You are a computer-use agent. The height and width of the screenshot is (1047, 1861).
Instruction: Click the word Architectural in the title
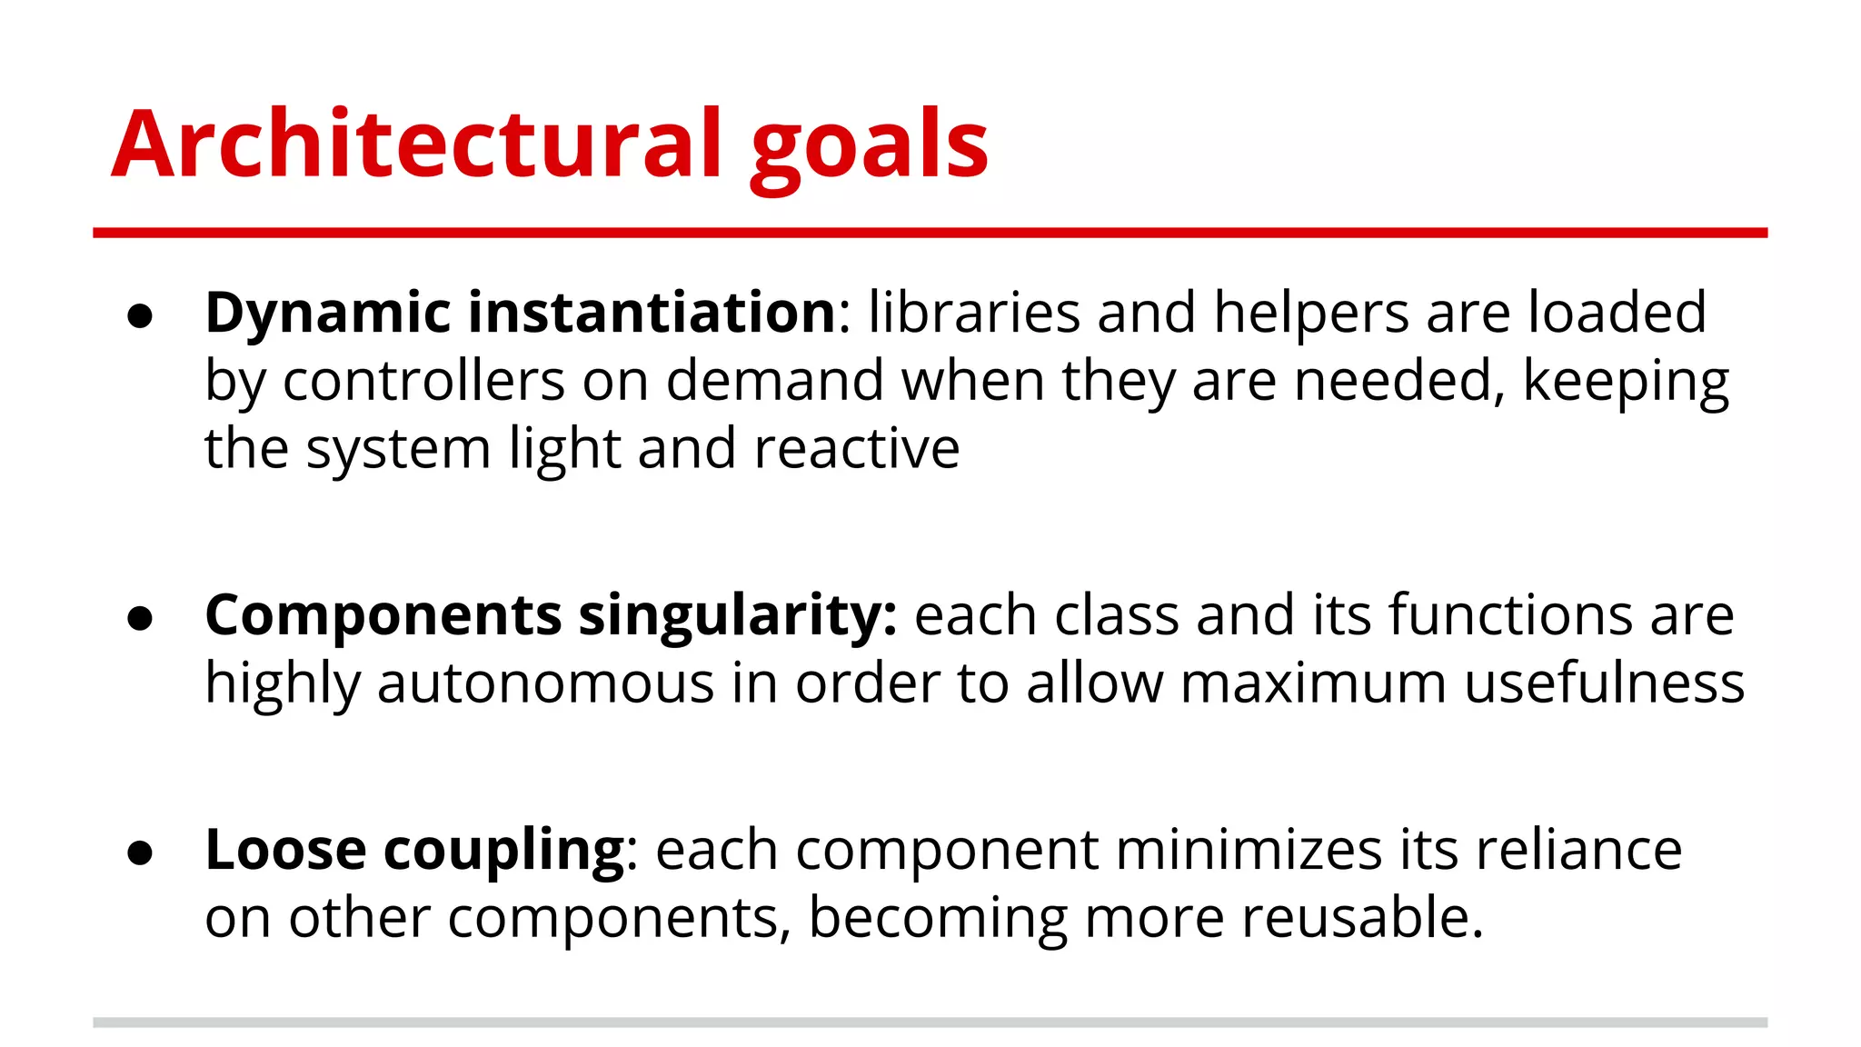click(417, 144)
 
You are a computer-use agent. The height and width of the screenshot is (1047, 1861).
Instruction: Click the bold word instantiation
click(652, 313)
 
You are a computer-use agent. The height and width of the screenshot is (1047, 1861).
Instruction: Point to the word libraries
click(973, 313)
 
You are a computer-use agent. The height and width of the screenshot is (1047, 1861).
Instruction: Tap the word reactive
click(856, 448)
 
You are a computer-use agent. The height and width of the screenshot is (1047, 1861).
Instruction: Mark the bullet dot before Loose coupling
click(140, 853)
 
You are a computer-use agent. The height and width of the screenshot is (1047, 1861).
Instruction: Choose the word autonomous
click(545, 683)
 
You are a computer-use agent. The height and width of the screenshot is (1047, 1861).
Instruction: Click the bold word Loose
click(285, 850)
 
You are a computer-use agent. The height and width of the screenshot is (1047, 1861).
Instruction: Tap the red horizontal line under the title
click(930, 234)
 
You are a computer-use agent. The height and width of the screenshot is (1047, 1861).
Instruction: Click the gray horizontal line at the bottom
click(930, 1022)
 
